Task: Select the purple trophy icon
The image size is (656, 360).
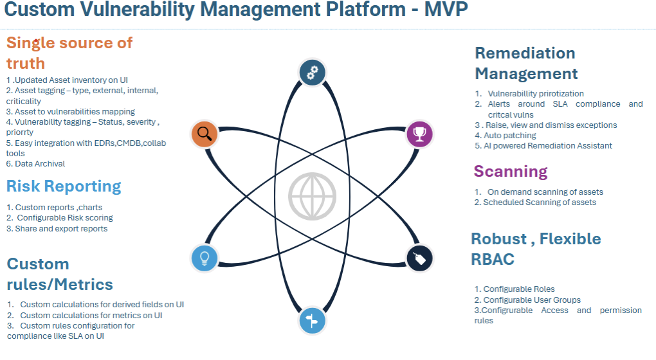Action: [420, 134]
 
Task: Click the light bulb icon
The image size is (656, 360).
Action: [205, 258]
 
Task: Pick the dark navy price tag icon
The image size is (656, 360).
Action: [420, 258]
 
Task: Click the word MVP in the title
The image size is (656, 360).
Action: [442, 10]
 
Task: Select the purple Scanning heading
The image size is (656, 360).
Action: [511, 172]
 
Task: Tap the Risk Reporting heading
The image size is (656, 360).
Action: [64, 186]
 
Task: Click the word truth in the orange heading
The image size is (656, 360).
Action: [26, 63]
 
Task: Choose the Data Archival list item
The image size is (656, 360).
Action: [35, 164]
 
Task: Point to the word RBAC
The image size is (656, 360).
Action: [493, 260]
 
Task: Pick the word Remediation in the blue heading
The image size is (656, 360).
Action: [525, 53]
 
